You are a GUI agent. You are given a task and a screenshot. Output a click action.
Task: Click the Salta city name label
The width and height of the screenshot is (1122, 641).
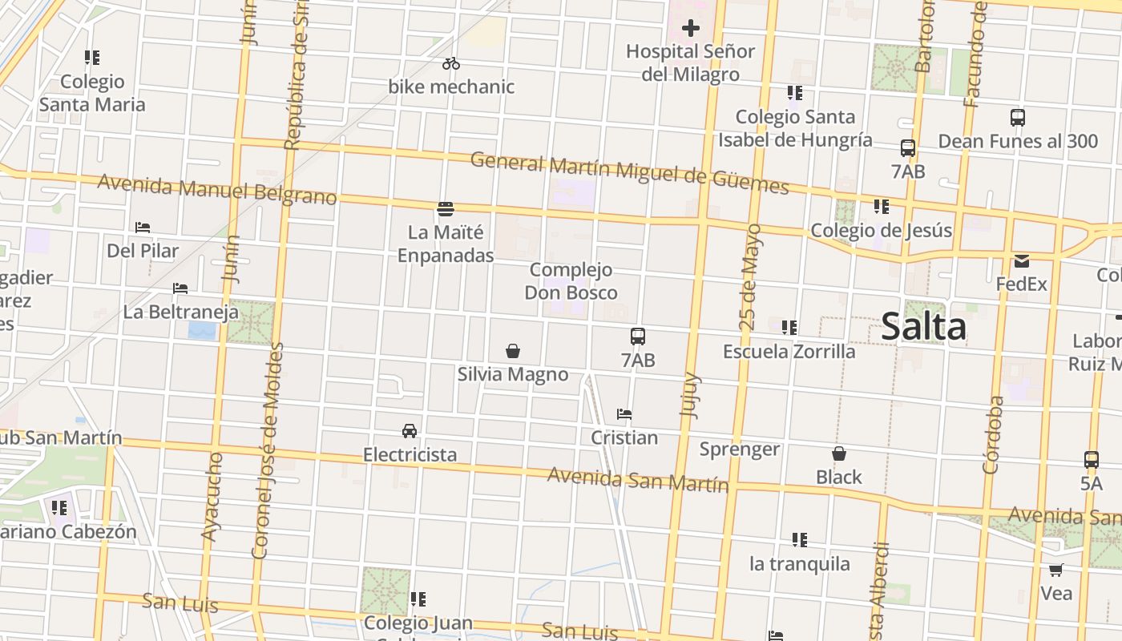click(924, 327)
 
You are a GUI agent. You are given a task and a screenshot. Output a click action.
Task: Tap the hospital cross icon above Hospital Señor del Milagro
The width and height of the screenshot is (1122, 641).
click(690, 29)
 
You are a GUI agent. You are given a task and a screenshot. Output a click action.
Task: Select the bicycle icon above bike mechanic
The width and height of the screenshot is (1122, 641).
click(451, 63)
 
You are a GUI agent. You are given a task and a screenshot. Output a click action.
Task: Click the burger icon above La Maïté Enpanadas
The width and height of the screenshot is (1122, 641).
click(446, 209)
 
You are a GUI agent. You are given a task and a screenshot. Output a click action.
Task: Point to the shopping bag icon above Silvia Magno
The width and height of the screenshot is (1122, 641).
click(513, 351)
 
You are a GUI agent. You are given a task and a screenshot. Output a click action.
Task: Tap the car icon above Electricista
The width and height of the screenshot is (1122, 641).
click(410, 431)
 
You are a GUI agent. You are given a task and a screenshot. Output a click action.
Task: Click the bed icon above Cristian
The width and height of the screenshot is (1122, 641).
click(624, 414)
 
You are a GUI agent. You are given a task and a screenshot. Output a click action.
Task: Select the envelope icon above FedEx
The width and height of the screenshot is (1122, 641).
click(1022, 261)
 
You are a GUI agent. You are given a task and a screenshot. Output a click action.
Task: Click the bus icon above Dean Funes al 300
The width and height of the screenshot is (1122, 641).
click(1018, 118)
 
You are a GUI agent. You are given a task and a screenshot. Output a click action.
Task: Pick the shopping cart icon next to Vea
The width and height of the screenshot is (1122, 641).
click(1056, 570)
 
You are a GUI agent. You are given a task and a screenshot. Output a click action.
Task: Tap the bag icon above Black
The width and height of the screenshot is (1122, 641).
click(839, 454)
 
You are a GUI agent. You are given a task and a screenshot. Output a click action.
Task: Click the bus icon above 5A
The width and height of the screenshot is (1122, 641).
click(1092, 460)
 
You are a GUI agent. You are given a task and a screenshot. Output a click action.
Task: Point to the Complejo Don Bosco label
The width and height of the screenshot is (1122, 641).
click(571, 281)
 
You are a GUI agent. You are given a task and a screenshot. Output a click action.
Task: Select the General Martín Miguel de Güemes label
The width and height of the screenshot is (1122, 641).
click(629, 172)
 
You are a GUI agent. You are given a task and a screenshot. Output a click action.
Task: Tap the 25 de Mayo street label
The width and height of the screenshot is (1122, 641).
click(749, 277)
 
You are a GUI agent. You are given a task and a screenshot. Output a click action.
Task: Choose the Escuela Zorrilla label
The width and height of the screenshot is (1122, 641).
click(789, 351)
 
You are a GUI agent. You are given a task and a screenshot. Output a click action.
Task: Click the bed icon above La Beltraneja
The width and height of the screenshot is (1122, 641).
click(180, 288)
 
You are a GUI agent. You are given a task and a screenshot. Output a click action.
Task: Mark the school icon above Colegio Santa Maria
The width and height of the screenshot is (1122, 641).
click(92, 58)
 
